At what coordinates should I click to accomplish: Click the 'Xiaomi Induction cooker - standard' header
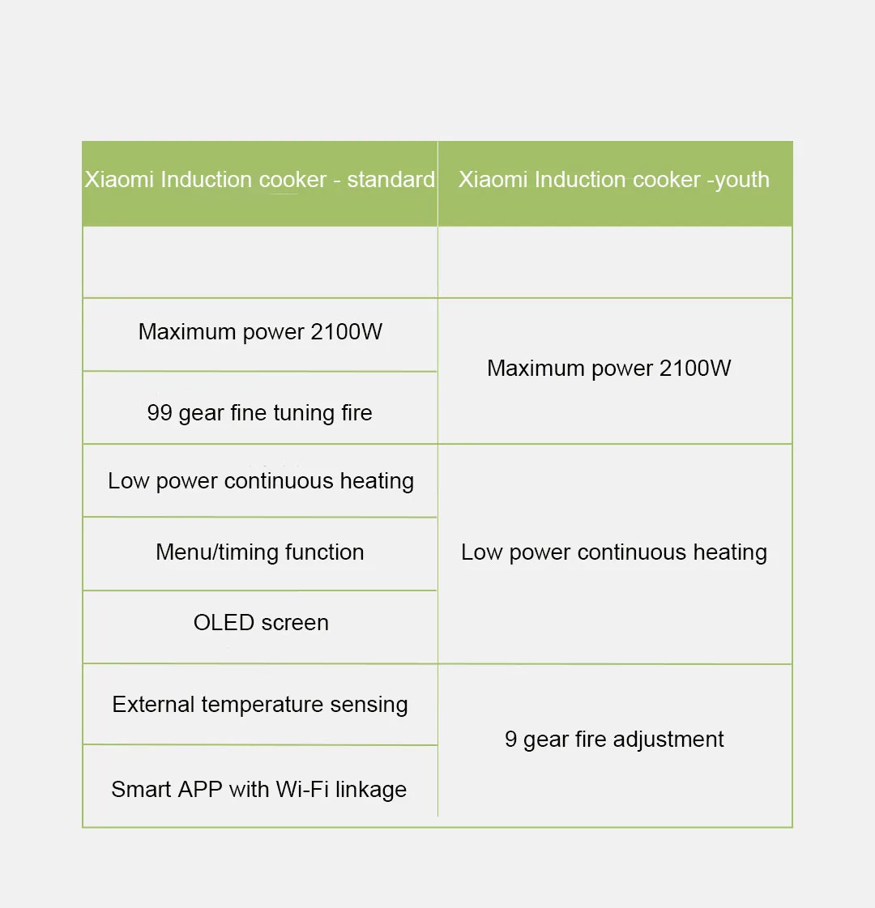(x=259, y=180)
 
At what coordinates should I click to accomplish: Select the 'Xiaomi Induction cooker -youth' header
(x=614, y=180)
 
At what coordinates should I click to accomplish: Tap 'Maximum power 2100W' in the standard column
(x=260, y=332)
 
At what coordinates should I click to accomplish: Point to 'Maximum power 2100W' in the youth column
(x=608, y=369)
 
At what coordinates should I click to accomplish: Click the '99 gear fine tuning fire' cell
(x=259, y=413)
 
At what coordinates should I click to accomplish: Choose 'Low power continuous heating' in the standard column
(x=260, y=481)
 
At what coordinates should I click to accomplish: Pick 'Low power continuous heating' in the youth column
(x=613, y=552)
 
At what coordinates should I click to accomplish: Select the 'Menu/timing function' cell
(x=259, y=552)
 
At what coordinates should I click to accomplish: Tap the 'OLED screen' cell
(x=261, y=623)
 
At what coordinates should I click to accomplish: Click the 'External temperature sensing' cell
(x=259, y=705)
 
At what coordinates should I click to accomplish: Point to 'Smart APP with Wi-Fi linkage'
(x=258, y=790)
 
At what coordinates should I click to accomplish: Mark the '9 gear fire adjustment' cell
(x=614, y=740)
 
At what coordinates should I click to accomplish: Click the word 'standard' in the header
(x=391, y=180)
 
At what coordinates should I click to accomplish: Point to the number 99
(x=160, y=413)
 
